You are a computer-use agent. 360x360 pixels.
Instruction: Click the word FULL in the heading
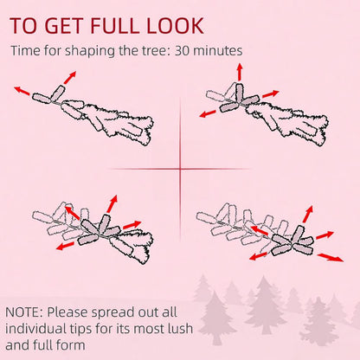click(115, 25)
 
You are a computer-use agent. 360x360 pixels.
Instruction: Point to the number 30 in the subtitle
click(183, 51)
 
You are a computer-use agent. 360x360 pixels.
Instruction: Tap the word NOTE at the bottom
click(23, 312)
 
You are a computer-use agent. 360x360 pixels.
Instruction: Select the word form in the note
click(74, 344)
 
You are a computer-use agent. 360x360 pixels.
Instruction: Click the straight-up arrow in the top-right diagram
click(240, 72)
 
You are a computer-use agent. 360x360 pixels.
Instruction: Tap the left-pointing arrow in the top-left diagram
click(22, 91)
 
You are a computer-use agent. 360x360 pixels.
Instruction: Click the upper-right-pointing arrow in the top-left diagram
click(70, 78)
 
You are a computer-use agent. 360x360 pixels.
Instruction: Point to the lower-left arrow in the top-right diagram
click(208, 113)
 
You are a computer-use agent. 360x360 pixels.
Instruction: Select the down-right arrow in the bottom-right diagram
click(331, 257)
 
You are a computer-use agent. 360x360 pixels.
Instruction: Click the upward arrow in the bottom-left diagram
click(112, 204)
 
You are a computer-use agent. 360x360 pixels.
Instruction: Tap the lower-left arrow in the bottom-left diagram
click(65, 246)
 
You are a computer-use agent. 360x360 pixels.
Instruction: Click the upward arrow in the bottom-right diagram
click(308, 214)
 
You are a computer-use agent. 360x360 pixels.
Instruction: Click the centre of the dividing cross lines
click(180, 169)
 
